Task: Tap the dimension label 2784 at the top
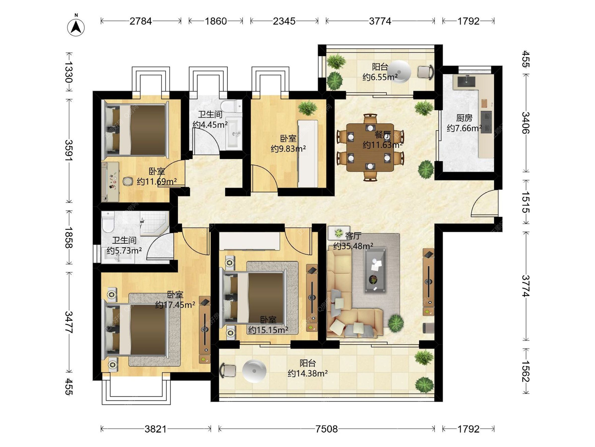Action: pyautogui.click(x=141, y=21)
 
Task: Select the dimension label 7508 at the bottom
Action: pyautogui.click(x=327, y=429)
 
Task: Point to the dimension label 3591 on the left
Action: pyautogui.click(x=69, y=150)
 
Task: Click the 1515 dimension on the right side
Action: pyautogui.click(x=526, y=202)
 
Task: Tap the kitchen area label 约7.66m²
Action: pyautogui.click(x=464, y=128)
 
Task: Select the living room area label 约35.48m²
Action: pyautogui.click(x=353, y=246)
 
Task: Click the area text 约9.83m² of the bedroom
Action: pyautogui.click(x=288, y=149)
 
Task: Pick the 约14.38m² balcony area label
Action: pyautogui.click(x=308, y=373)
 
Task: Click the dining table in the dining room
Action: pyautogui.click(x=370, y=147)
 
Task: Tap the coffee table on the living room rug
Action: pyautogui.click(x=375, y=270)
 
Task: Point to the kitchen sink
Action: pyautogui.click(x=466, y=81)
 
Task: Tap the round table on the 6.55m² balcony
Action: pyautogui.click(x=399, y=72)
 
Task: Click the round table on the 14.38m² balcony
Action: pyautogui.click(x=254, y=371)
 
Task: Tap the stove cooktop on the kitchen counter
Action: pyautogui.click(x=486, y=121)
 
